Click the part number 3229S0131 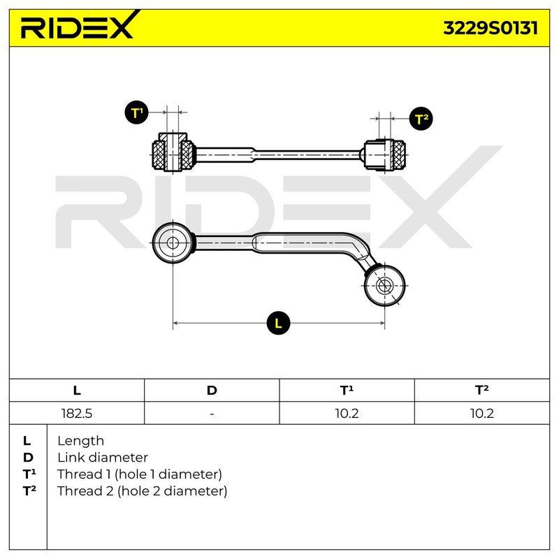[x=491, y=28]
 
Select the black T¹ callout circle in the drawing [x=136, y=112]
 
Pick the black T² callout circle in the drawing [x=421, y=119]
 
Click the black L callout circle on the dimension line [x=278, y=323]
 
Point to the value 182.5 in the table [x=77, y=413]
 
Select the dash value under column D [x=212, y=414]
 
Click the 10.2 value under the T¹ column [x=347, y=413]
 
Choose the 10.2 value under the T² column [x=482, y=413]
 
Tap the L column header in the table [x=77, y=391]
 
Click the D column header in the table [x=212, y=391]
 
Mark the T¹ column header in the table [x=347, y=390]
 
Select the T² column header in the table [x=482, y=390]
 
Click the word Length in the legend [x=80, y=441]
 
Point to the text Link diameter [x=103, y=458]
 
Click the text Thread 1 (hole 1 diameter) [x=139, y=474]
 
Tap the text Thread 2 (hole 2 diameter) [x=142, y=491]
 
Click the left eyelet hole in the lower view [x=173, y=243]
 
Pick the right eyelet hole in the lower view [x=384, y=285]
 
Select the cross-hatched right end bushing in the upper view [x=398, y=154]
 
